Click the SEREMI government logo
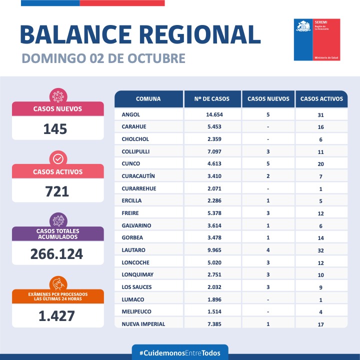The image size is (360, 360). click(x=317, y=40)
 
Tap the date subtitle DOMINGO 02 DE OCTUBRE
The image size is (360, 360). click(x=103, y=58)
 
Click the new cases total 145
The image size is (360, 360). click(x=55, y=129)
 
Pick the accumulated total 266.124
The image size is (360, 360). click(x=56, y=254)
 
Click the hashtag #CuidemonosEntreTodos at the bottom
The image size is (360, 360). click(x=179, y=353)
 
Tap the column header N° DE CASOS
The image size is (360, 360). click(x=212, y=99)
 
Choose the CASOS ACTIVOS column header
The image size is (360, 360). click(x=321, y=99)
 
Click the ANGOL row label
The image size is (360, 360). click(x=131, y=114)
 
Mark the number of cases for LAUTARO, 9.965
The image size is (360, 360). click(x=212, y=249)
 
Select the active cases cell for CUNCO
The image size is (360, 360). click(x=320, y=164)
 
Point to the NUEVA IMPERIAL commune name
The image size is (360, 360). click(x=143, y=324)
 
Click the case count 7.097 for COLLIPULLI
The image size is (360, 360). click(x=212, y=151)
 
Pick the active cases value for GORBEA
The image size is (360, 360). click(x=320, y=237)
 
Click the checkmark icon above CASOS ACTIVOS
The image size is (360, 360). click(x=57, y=158)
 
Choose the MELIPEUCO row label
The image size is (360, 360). click(x=136, y=311)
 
